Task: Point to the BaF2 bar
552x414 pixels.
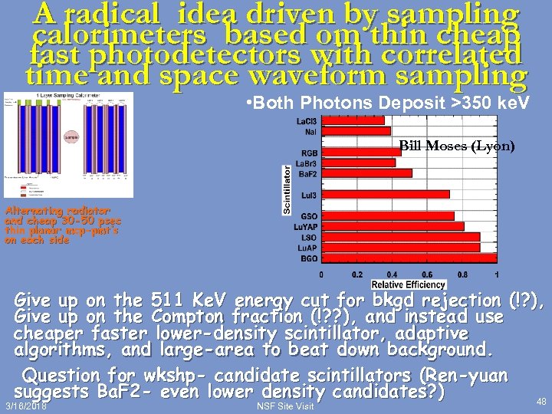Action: [366, 173]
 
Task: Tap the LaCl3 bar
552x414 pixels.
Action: [353, 120]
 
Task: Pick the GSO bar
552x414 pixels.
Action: [387, 216]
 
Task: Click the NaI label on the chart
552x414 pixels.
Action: [310, 132]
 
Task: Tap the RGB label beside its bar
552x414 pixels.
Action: [309, 152]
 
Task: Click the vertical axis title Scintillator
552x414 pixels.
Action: [287, 189]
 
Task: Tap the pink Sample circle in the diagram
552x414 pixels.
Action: [71, 137]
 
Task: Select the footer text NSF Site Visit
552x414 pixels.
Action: [285, 406]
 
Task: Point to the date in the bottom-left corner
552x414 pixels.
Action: [25, 406]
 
